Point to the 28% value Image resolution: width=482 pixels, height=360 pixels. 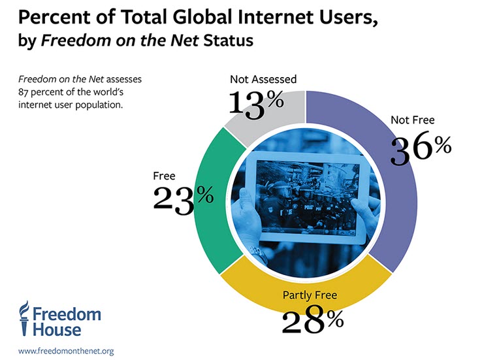pyautogui.click(x=312, y=320)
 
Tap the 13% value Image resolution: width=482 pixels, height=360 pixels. pyautogui.click(x=255, y=105)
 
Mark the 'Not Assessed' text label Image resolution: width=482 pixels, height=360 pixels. pyautogui.click(x=263, y=80)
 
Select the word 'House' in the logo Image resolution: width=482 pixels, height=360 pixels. pyautogui.click(x=59, y=330)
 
